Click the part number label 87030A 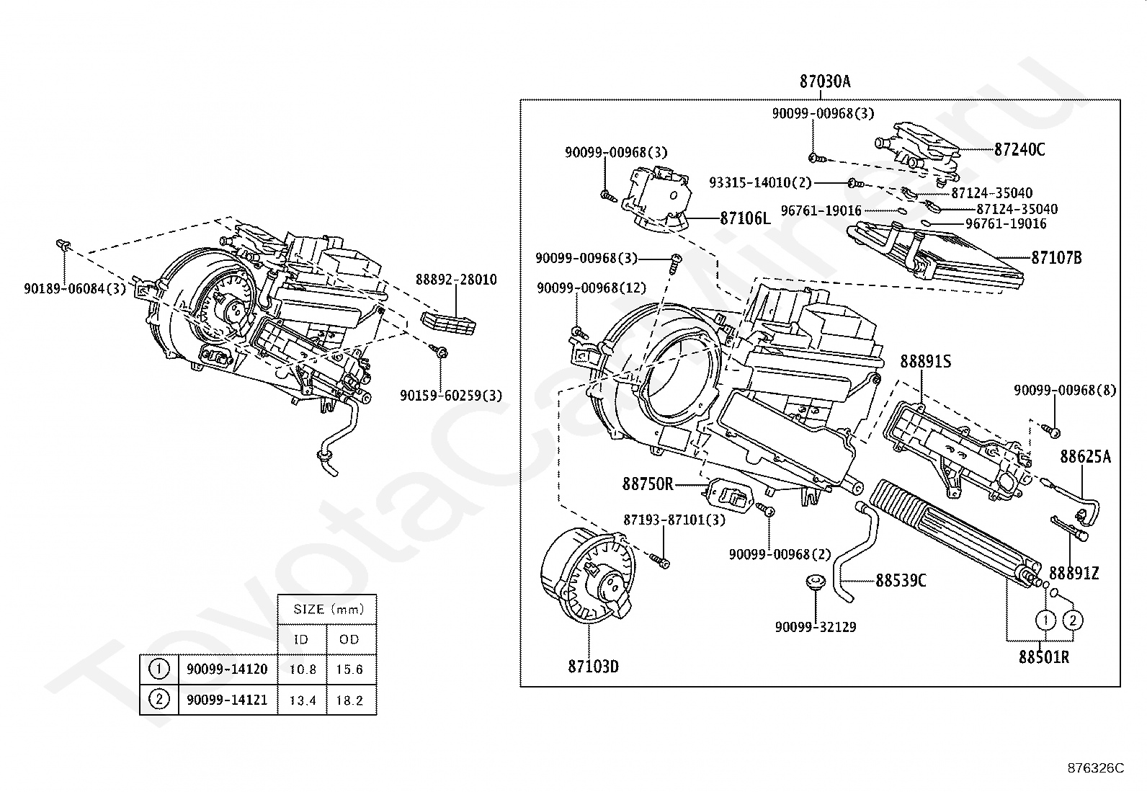coord(824,81)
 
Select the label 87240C coord(1019,150)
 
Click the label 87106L coord(745,218)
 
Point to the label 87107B coord(1056,257)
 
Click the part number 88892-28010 coord(455,280)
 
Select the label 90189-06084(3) coord(75,289)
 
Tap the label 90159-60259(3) coord(451,395)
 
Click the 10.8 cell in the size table coord(303,669)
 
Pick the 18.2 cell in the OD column coord(349,700)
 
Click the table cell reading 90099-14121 coord(227,700)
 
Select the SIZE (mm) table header coord(326,609)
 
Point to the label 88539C coord(901,580)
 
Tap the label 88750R coord(648,484)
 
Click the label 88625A coord(1085,456)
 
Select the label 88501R coord(1043,657)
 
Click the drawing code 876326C coord(1095,768)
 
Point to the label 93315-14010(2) coord(759,183)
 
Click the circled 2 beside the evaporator coord(1073,620)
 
